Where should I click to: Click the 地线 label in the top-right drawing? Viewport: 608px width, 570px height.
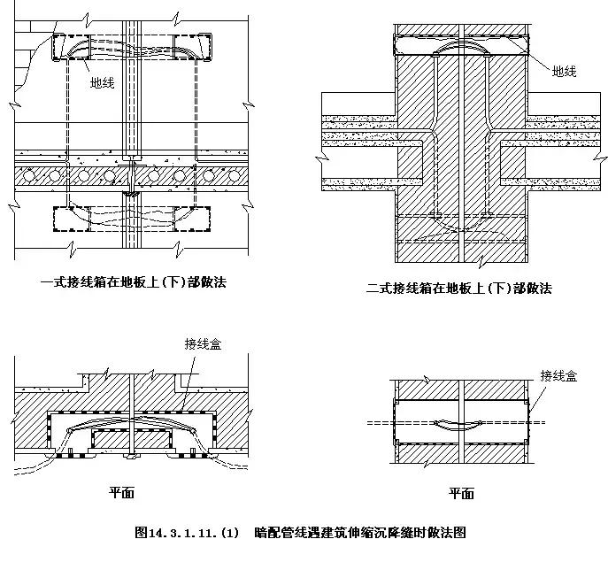click(564, 71)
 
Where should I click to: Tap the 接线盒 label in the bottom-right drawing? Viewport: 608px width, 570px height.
click(558, 376)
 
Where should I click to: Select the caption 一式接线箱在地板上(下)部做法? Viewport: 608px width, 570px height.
click(127, 282)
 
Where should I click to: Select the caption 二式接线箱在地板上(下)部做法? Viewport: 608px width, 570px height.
click(458, 288)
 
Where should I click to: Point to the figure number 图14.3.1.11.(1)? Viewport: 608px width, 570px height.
click(187, 533)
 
